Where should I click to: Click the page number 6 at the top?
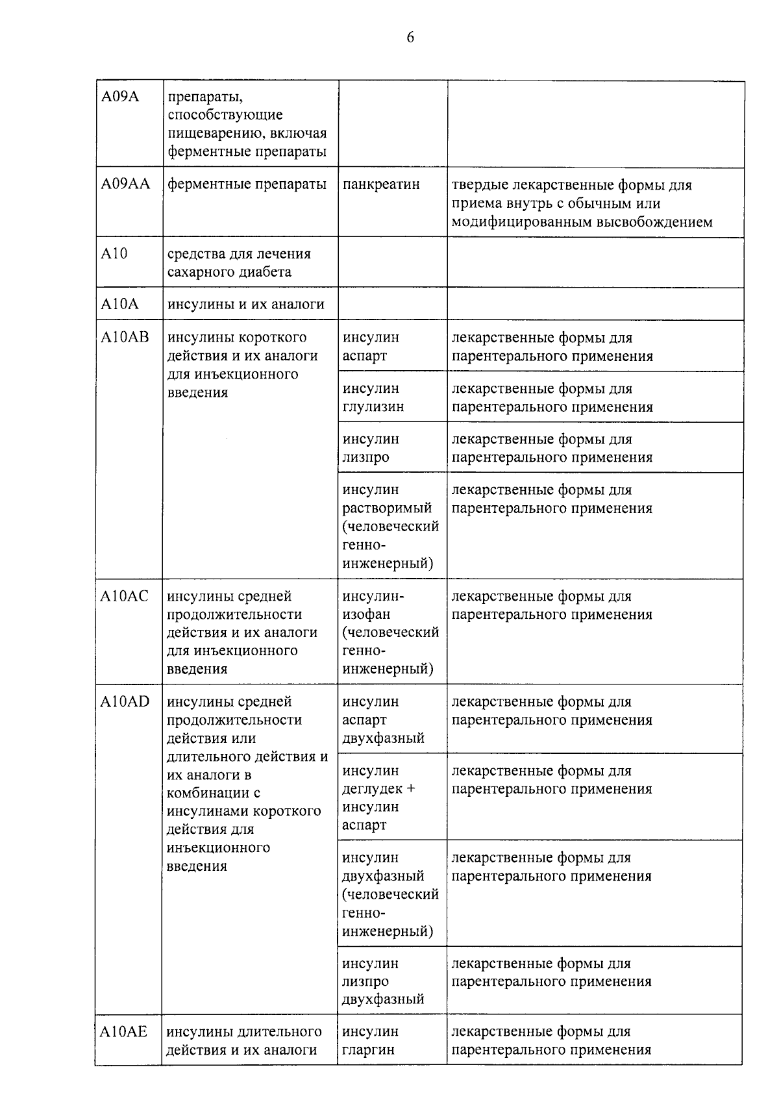pos(410,38)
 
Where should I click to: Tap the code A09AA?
pos(125,184)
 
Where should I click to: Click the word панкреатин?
pos(381,184)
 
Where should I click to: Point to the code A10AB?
pos(125,338)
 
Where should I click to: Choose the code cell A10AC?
pos(125,596)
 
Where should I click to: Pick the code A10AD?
pos(125,702)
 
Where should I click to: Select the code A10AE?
pos(124,1032)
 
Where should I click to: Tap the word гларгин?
pos(368,1050)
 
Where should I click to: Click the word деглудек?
pos(373,789)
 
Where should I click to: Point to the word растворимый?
pos(387,508)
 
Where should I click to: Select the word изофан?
pos(366,614)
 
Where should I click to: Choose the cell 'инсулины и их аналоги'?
pos(245,305)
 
